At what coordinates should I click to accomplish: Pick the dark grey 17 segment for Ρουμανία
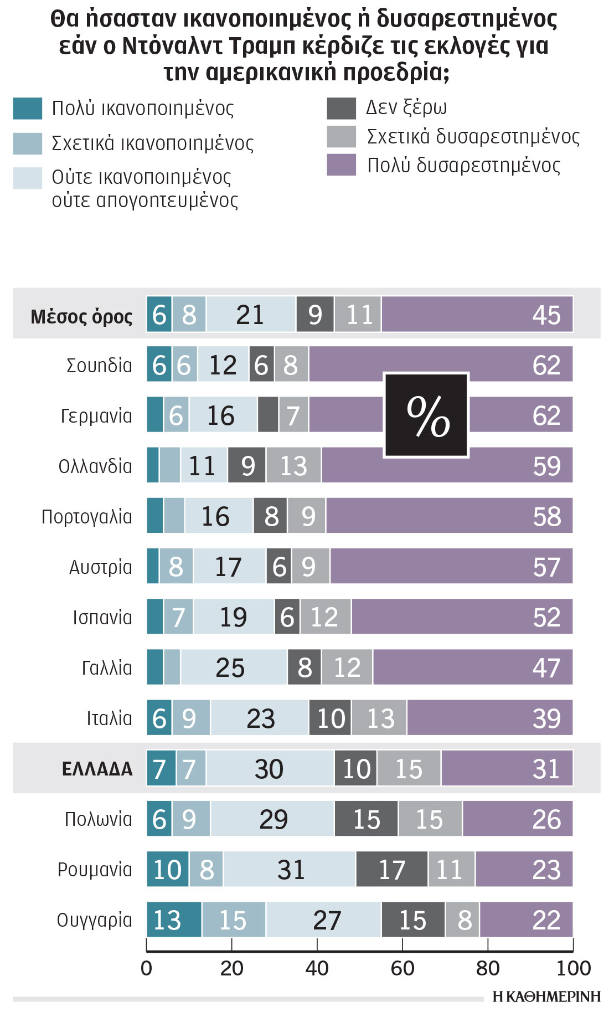pyautogui.click(x=391, y=869)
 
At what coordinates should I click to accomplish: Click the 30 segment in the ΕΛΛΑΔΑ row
pyautogui.click(x=270, y=768)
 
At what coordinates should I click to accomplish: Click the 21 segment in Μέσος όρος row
pyautogui.click(x=251, y=315)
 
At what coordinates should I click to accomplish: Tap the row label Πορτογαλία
pyautogui.click(x=87, y=517)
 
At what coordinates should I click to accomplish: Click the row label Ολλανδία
pyautogui.click(x=95, y=466)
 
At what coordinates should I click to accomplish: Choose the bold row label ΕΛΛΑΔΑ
pyautogui.click(x=97, y=769)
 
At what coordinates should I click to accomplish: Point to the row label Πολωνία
pyautogui.click(x=98, y=819)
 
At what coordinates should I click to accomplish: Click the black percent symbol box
pyautogui.click(x=426, y=415)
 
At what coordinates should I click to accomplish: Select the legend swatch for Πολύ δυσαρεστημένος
pyautogui.click(x=341, y=165)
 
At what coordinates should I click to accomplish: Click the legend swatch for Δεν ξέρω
pyautogui.click(x=341, y=108)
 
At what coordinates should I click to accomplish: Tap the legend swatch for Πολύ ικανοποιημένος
pyautogui.click(x=28, y=108)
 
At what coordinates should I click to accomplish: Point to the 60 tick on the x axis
pyautogui.click(x=402, y=968)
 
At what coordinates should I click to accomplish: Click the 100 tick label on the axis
pyautogui.click(x=573, y=968)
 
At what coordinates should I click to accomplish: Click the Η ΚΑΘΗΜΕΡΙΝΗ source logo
pyautogui.click(x=546, y=996)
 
